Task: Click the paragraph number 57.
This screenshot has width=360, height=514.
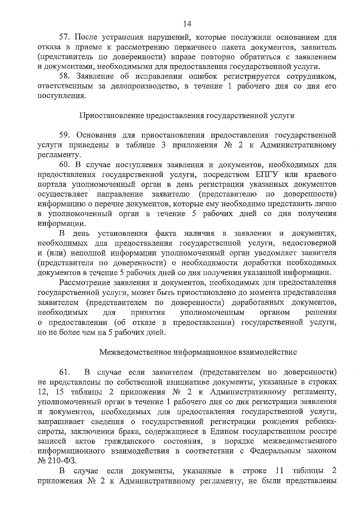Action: click(x=65, y=38)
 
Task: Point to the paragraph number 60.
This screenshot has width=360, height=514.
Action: click(x=65, y=165)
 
